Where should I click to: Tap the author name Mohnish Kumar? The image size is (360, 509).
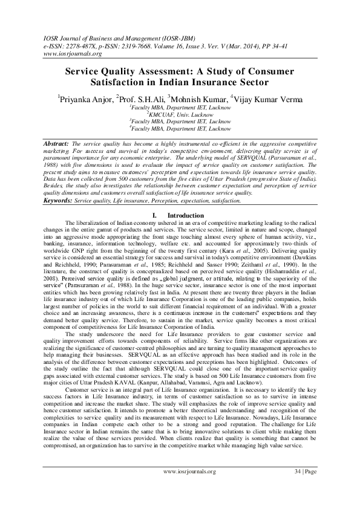click(198, 98)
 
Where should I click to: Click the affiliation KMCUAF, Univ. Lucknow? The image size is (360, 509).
click(180, 113)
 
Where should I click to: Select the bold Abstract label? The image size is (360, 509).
click(56, 141)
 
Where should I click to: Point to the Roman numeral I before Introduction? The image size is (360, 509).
click(155, 215)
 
